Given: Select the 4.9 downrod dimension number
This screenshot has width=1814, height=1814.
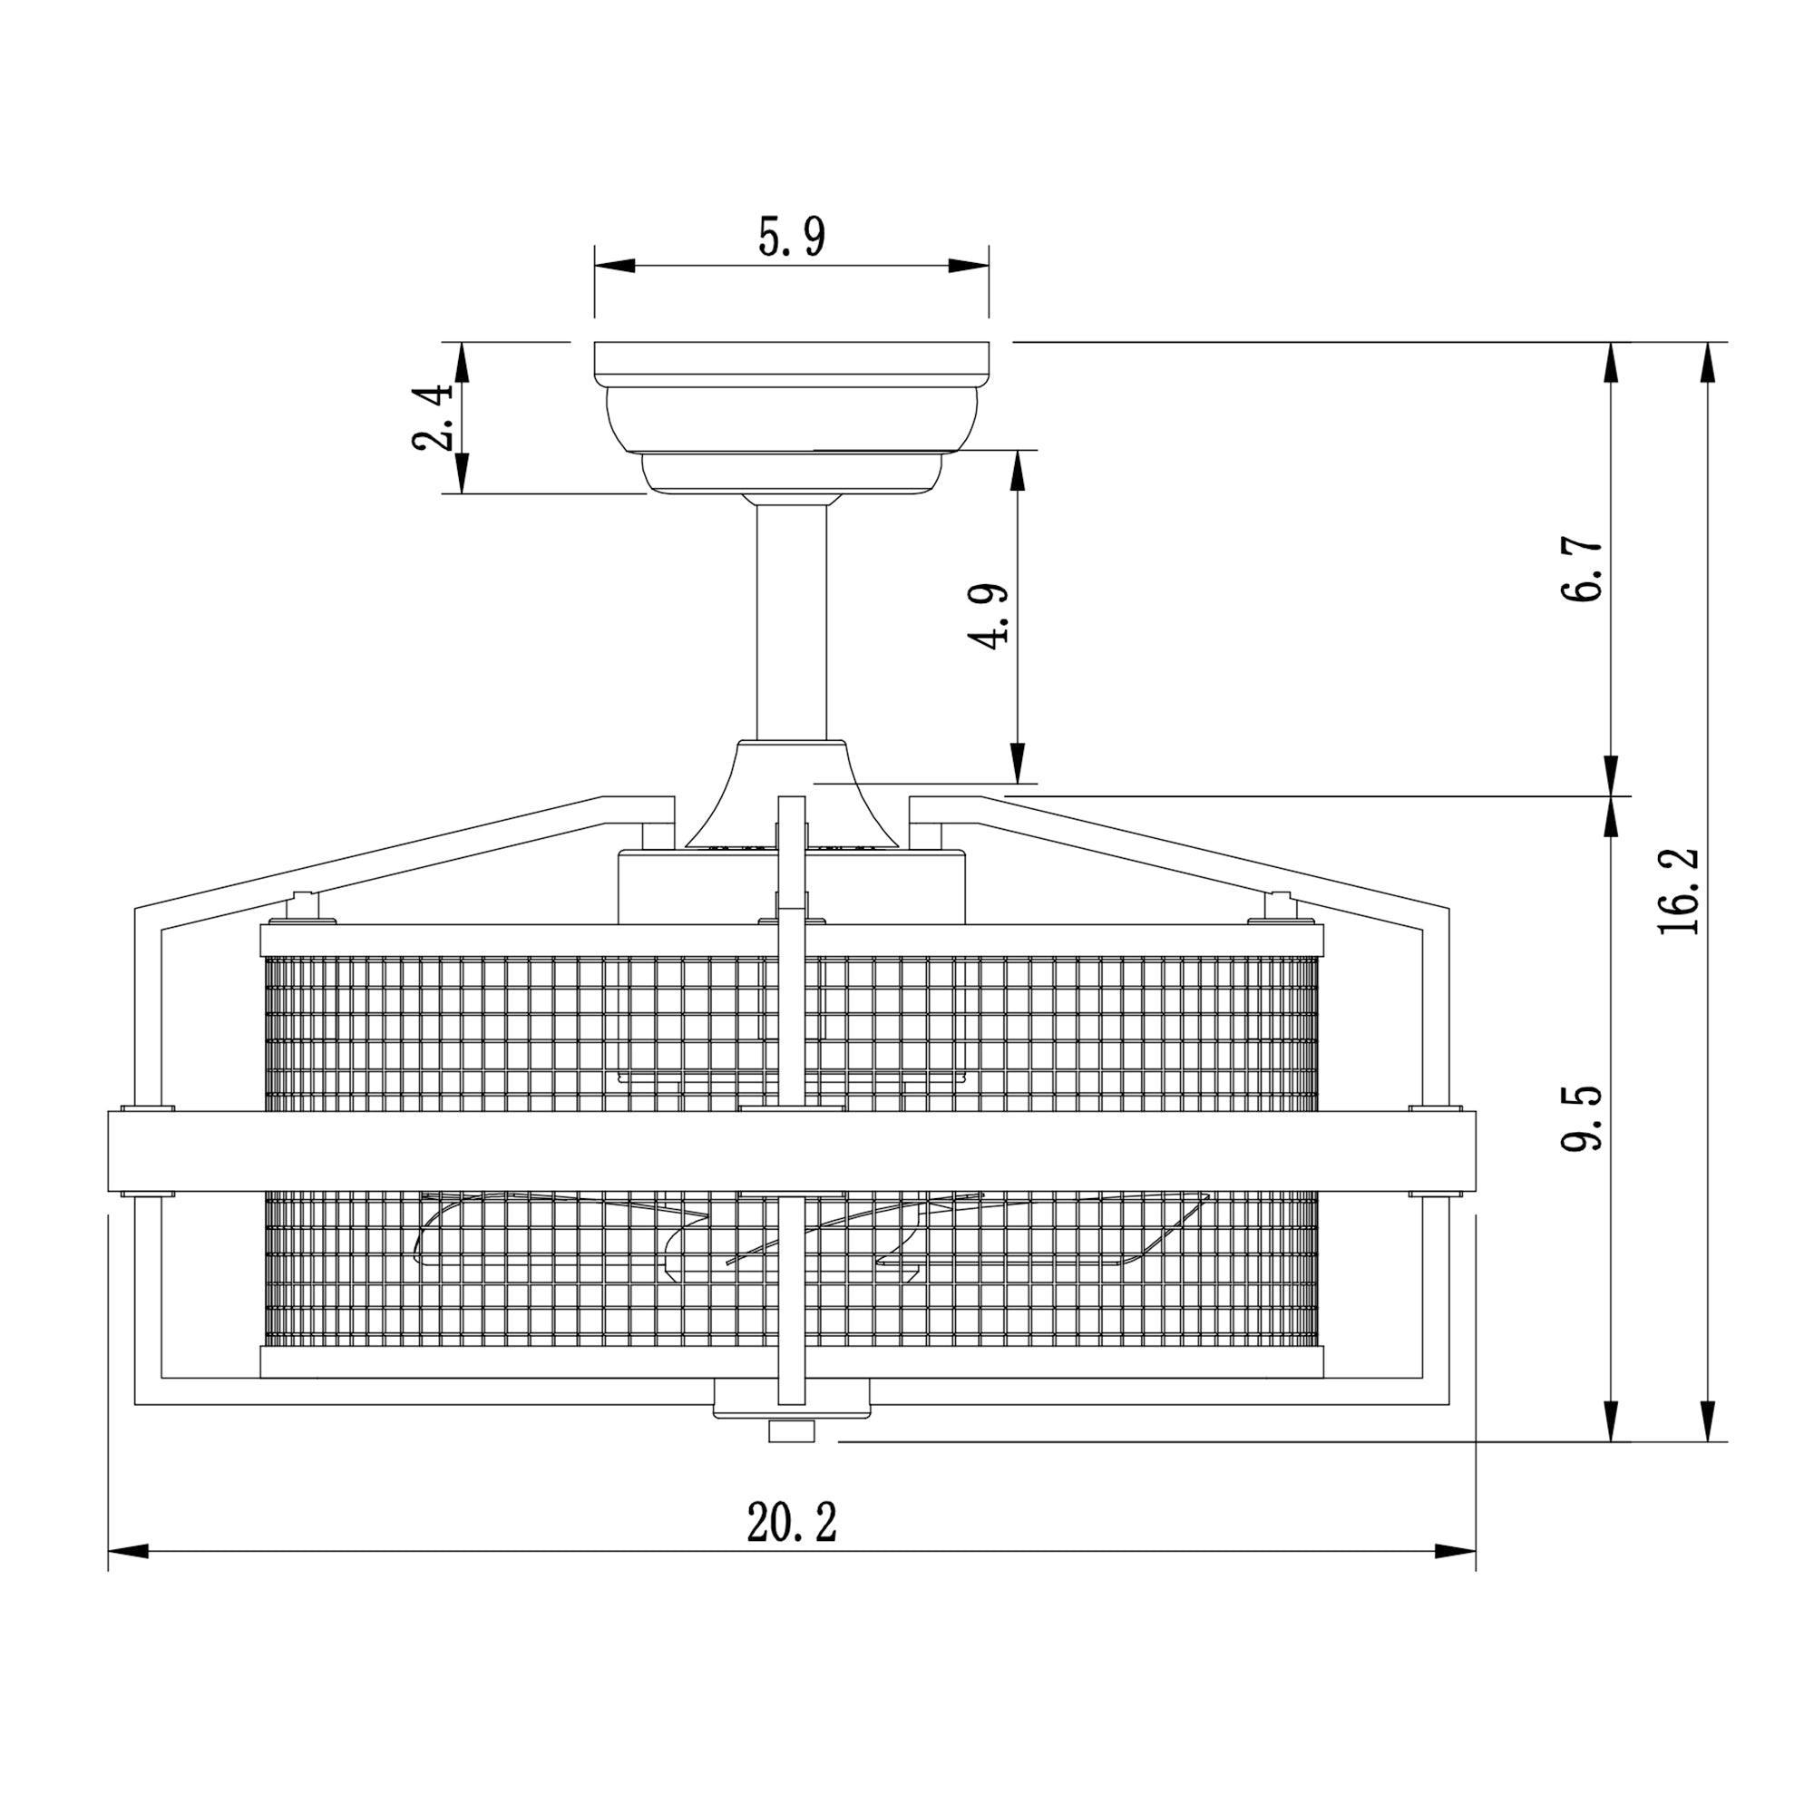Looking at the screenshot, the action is (990, 615).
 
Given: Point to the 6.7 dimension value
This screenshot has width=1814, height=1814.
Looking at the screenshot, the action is (1584, 570).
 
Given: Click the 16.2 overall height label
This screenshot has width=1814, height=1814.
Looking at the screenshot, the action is (1678, 890).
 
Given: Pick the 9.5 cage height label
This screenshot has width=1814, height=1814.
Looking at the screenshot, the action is (1584, 1117).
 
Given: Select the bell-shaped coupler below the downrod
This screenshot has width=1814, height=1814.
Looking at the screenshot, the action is (792, 794).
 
